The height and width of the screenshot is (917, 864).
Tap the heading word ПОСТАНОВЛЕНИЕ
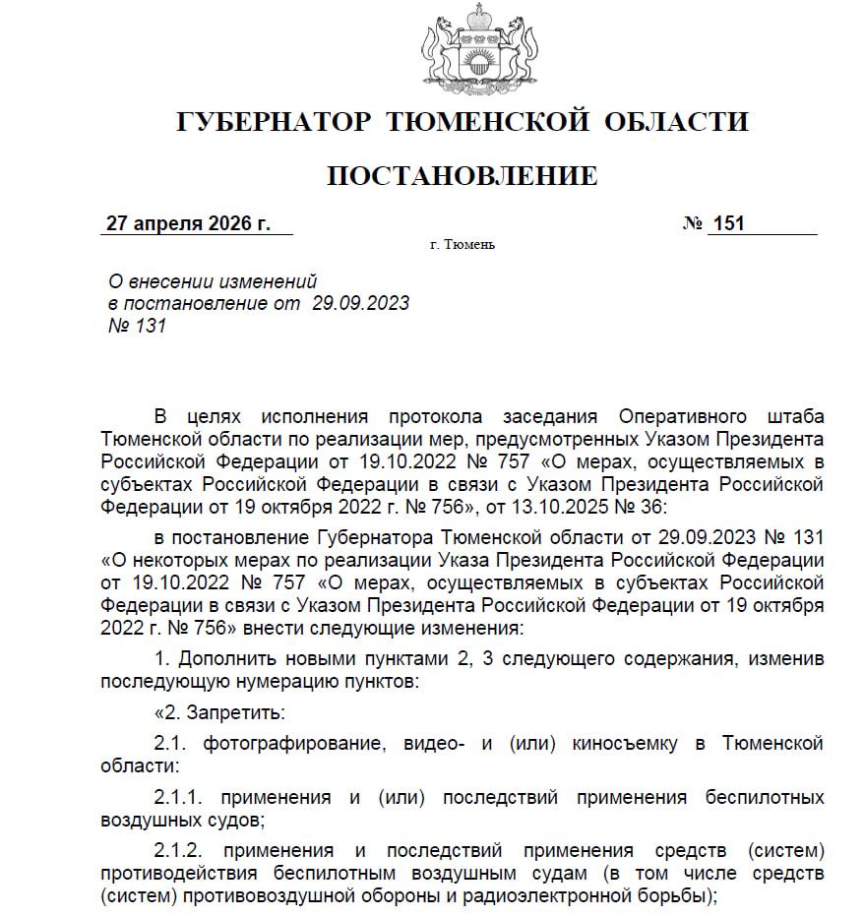click(x=462, y=176)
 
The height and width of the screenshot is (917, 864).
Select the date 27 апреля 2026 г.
click(x=188, y=223)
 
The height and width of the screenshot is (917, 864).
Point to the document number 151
click(x=728, y=223)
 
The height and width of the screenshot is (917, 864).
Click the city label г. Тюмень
click(x=463, y=244)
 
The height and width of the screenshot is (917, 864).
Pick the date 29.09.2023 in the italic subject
click(x=360, y=303)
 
